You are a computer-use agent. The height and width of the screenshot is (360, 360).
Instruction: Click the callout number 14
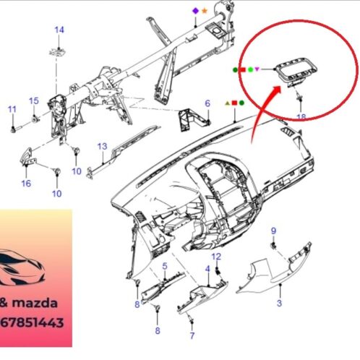(x=59, y=30)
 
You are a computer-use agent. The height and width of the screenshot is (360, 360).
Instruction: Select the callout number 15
(x=33, y=100)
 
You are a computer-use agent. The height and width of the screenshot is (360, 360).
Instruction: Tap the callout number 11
(x=12, y=109)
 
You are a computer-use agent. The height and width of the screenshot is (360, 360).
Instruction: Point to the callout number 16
(x=26, y=184)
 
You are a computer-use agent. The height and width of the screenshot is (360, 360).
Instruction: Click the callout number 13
(x=103, y=146)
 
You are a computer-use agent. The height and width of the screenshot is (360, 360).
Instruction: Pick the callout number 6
(x=207, y=103)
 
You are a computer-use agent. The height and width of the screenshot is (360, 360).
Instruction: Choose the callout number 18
(x=301, y=116)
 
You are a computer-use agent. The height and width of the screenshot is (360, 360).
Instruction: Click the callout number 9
(x=274, y=231)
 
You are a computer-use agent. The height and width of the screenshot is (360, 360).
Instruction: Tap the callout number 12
(x=216, y=257)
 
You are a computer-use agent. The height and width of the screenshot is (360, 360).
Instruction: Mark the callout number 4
(x=207, y=269)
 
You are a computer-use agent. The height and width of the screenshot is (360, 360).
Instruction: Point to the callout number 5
(x=165, y=267)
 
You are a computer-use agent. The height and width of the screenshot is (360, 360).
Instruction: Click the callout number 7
(x=192, y=335)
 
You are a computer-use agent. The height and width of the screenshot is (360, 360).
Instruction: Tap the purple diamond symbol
(x=194, y=11)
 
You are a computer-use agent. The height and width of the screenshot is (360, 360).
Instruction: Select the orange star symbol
(x=203, y=11)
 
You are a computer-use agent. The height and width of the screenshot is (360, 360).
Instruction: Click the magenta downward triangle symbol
(x=258, y=69)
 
